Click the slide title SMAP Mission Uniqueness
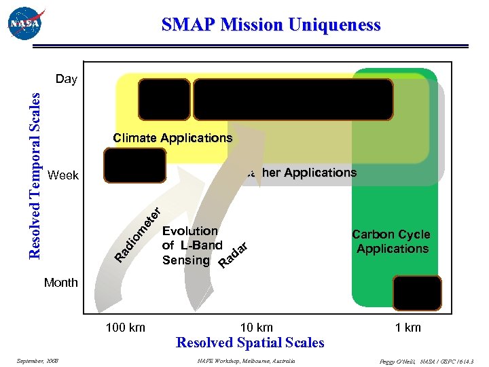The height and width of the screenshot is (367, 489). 271,25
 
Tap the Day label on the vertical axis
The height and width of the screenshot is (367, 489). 67,79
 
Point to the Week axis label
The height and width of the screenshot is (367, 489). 64,175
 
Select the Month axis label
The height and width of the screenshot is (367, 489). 60,282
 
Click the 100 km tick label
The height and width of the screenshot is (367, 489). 125,328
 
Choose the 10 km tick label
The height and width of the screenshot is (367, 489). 257,328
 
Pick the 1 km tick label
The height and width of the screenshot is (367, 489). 407,328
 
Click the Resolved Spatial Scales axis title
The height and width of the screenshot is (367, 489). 250,343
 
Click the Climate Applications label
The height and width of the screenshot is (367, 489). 173,138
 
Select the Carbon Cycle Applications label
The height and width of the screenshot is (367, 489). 392,241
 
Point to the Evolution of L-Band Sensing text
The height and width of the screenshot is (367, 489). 192,245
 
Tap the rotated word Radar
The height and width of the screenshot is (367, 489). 232,254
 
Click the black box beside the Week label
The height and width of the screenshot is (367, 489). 134,165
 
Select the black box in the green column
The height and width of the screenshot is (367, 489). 417,293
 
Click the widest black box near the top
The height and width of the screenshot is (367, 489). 293,99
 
